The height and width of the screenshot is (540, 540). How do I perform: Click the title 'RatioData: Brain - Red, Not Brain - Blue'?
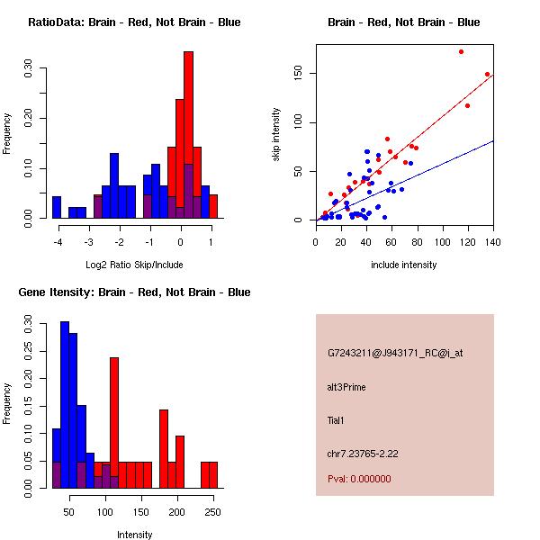pos(134,22)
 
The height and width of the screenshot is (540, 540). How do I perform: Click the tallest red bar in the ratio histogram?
pos(188,135)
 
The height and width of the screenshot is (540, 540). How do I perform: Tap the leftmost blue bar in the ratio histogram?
pos(57,207)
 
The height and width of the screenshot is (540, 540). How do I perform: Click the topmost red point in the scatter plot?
pos(461,52)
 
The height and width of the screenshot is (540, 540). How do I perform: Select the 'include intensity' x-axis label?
pos(404,265)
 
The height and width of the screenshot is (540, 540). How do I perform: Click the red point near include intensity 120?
pos(467,106)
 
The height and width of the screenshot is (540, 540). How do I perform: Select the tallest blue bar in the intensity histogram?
pos(65,405)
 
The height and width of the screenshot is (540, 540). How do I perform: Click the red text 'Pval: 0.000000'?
pos(359,480)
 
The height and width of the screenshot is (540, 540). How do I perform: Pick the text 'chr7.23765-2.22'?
pos(362,453)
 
